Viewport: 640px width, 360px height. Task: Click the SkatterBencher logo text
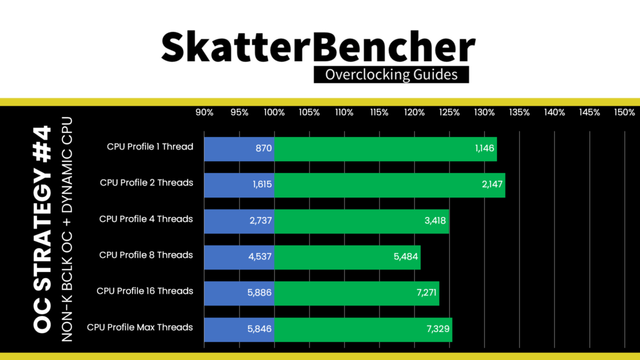pyautogui.click(x=319, y=47)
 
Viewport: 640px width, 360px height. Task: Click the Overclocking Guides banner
pyautogui.click(x=391, y=75)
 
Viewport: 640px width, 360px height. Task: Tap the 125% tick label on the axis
pyautogui.click(x=449, y=112)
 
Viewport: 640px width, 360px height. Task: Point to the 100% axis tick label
pyautogui.click(x=274, y=112)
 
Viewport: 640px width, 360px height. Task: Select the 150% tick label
pyautogui.click(x=624, y=112)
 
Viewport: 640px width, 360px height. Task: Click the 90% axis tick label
pyautogui.click(x=204, y=112)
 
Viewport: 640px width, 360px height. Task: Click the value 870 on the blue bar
pyautogui.click(x=264, y=149)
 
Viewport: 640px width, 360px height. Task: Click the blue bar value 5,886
pyautogui.click(x=259, y=294)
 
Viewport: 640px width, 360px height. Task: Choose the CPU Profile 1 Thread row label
pyautogui.click(x=150, y=147)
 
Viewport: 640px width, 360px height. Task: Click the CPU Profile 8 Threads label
pyautogui.click(x=146, y=255)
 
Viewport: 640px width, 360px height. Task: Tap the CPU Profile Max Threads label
pyautogui.click(x=140, y=327)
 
